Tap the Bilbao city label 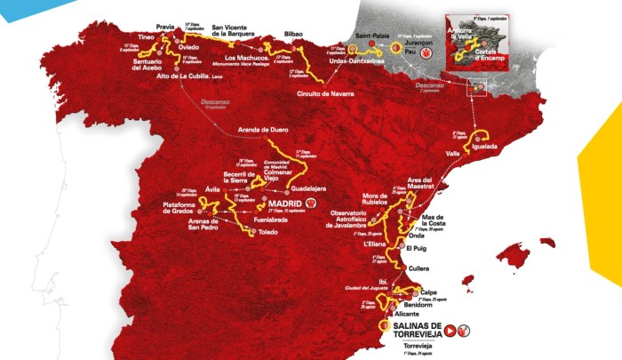coord(294,34)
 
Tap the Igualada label coord(485,145)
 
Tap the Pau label coord(410,52)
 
